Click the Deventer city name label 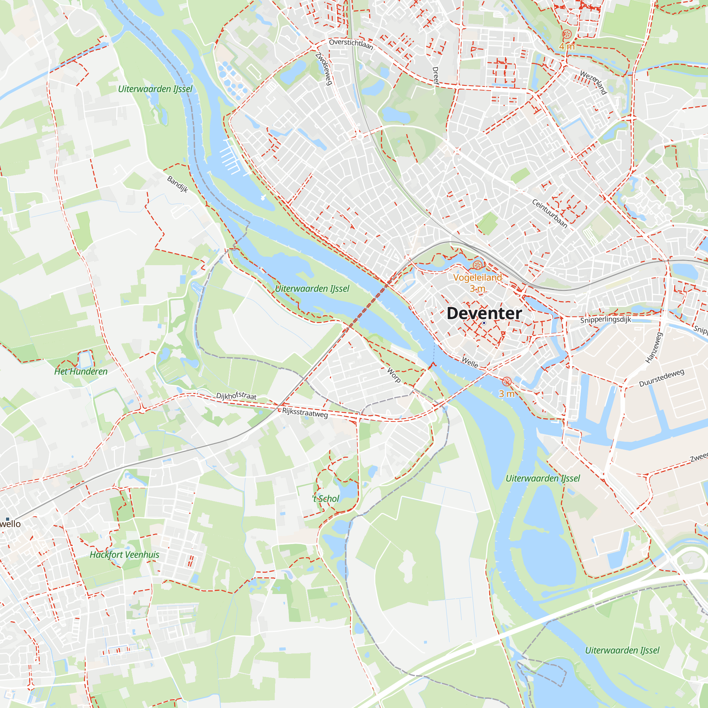484,313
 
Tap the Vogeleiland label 477,278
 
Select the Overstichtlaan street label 351,44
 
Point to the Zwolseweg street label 324,69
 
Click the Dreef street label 435,76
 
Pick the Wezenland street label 593,82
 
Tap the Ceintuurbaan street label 549,214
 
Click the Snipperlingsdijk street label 605,320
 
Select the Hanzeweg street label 654,347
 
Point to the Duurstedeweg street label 662,378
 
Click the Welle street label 469,362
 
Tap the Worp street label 394,375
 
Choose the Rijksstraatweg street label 305,413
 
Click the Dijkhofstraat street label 236,395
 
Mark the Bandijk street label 178,184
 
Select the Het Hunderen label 81,372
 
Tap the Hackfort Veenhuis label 125,555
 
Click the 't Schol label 326,499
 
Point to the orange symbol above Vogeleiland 478,265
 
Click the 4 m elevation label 566,46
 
